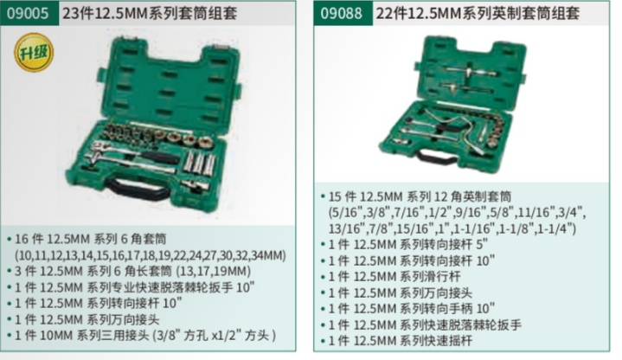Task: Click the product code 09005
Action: tap(28, 14)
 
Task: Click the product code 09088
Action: tap(341, 14)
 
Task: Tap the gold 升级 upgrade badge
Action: tap(34, 53)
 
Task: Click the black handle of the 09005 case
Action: tap(138, 190)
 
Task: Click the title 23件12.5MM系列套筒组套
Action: tap(150, 14)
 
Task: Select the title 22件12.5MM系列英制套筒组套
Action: tap(478, 14)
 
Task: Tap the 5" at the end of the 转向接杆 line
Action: tap(483, 245)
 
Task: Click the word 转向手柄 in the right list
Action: tap(449, 308)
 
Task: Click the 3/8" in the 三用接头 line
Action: tap(170, 336)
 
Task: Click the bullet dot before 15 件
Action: tap(323, 196)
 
